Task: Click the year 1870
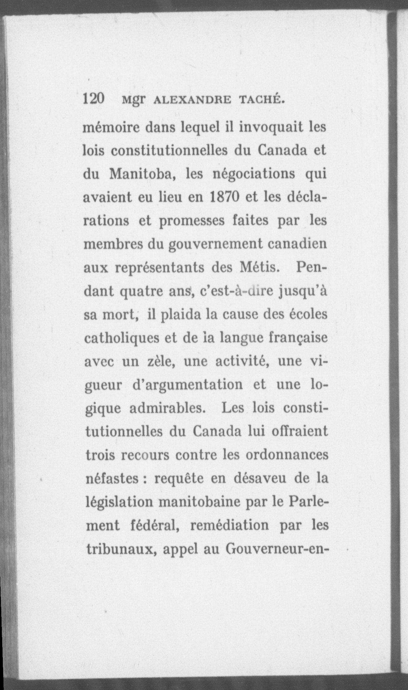224,197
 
